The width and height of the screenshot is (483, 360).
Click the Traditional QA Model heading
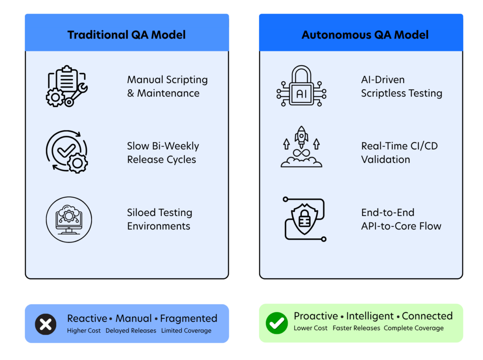pos(126,35)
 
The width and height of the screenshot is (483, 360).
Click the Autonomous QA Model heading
pos(365,35)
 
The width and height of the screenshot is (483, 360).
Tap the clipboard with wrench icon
pos(67,86)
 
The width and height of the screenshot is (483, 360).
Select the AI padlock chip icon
pos(301,86)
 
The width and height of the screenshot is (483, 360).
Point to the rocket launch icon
pos(301,147)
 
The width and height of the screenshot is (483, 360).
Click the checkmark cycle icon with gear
pos(67,151)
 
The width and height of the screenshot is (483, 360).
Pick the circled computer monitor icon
pos(69,219)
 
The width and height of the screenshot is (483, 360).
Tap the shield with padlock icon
pos(304,219)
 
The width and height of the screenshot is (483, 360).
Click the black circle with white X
pos(46,324)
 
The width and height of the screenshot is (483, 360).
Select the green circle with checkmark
pos(276,323)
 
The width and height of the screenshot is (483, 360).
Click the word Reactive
pos(87,318)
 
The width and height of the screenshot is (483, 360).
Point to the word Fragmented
pos(189,318)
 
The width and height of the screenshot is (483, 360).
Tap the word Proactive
pos(316,316)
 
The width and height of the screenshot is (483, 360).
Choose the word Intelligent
pos(370,316)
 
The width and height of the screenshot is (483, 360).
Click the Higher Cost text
pos(84,330)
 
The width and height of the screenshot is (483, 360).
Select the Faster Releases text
pos(357,328)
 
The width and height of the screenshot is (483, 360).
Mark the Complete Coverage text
pos(414,328)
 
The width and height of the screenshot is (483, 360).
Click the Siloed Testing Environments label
pos(159,219)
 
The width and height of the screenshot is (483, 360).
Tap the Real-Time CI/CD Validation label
pos(399,152)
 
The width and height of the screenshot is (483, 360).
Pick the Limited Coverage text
pos(186,330)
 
